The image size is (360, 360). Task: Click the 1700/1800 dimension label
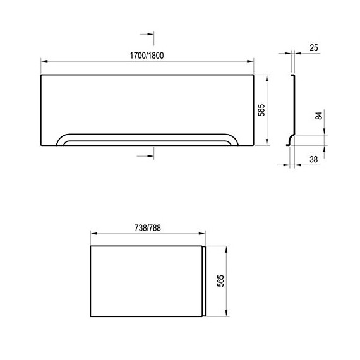point(147,56)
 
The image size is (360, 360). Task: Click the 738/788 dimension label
point(148,228)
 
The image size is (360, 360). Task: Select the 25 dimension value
point(314,48)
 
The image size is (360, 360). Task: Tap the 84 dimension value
point(319,116)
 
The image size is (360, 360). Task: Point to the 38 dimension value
point(314,159)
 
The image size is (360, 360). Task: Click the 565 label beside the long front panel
point(261,110)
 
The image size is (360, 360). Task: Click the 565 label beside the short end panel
point(220,281)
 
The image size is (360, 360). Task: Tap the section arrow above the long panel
point(147,34)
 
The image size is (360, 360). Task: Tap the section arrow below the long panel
point(145,156)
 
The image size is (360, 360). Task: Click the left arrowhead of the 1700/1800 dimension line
point(44,61)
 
